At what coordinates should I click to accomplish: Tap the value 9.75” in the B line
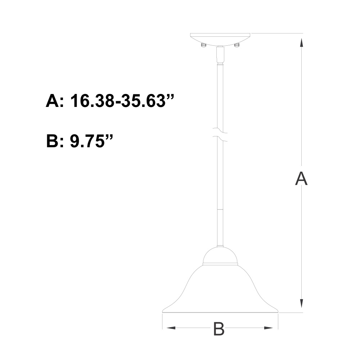click(x=91, y=141)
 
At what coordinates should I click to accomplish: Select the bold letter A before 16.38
click(x=53, y=100)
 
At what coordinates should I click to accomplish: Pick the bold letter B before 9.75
click(x=53, y=141)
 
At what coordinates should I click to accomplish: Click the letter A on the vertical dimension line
click(x=301, y=179)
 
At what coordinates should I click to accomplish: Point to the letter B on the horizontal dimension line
click(x=219, y=329)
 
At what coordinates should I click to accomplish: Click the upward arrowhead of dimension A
click(x=301, y=43)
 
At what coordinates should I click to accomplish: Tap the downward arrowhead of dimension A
click(x=301, y=303)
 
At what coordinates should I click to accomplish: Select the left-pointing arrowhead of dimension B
click(x=171, y=328)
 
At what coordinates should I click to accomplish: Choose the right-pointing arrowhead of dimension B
click(x=269, y=328)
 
